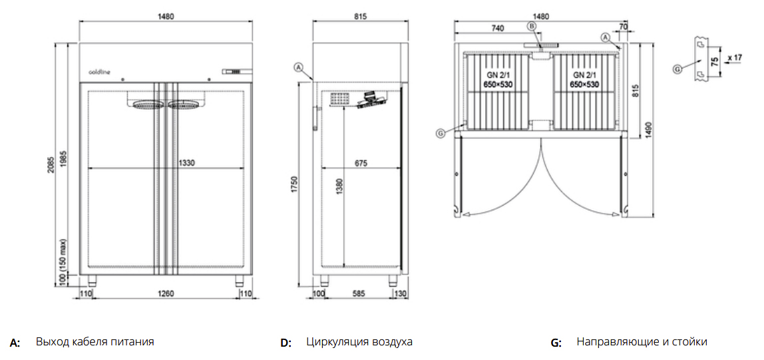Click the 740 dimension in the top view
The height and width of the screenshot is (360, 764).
click(496, 28)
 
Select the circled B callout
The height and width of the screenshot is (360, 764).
click(531, 26)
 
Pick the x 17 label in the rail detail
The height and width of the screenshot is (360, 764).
click(734, 58)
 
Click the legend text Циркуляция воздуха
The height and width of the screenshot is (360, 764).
click(359, 342)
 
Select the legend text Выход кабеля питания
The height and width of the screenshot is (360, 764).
click(95, 342)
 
